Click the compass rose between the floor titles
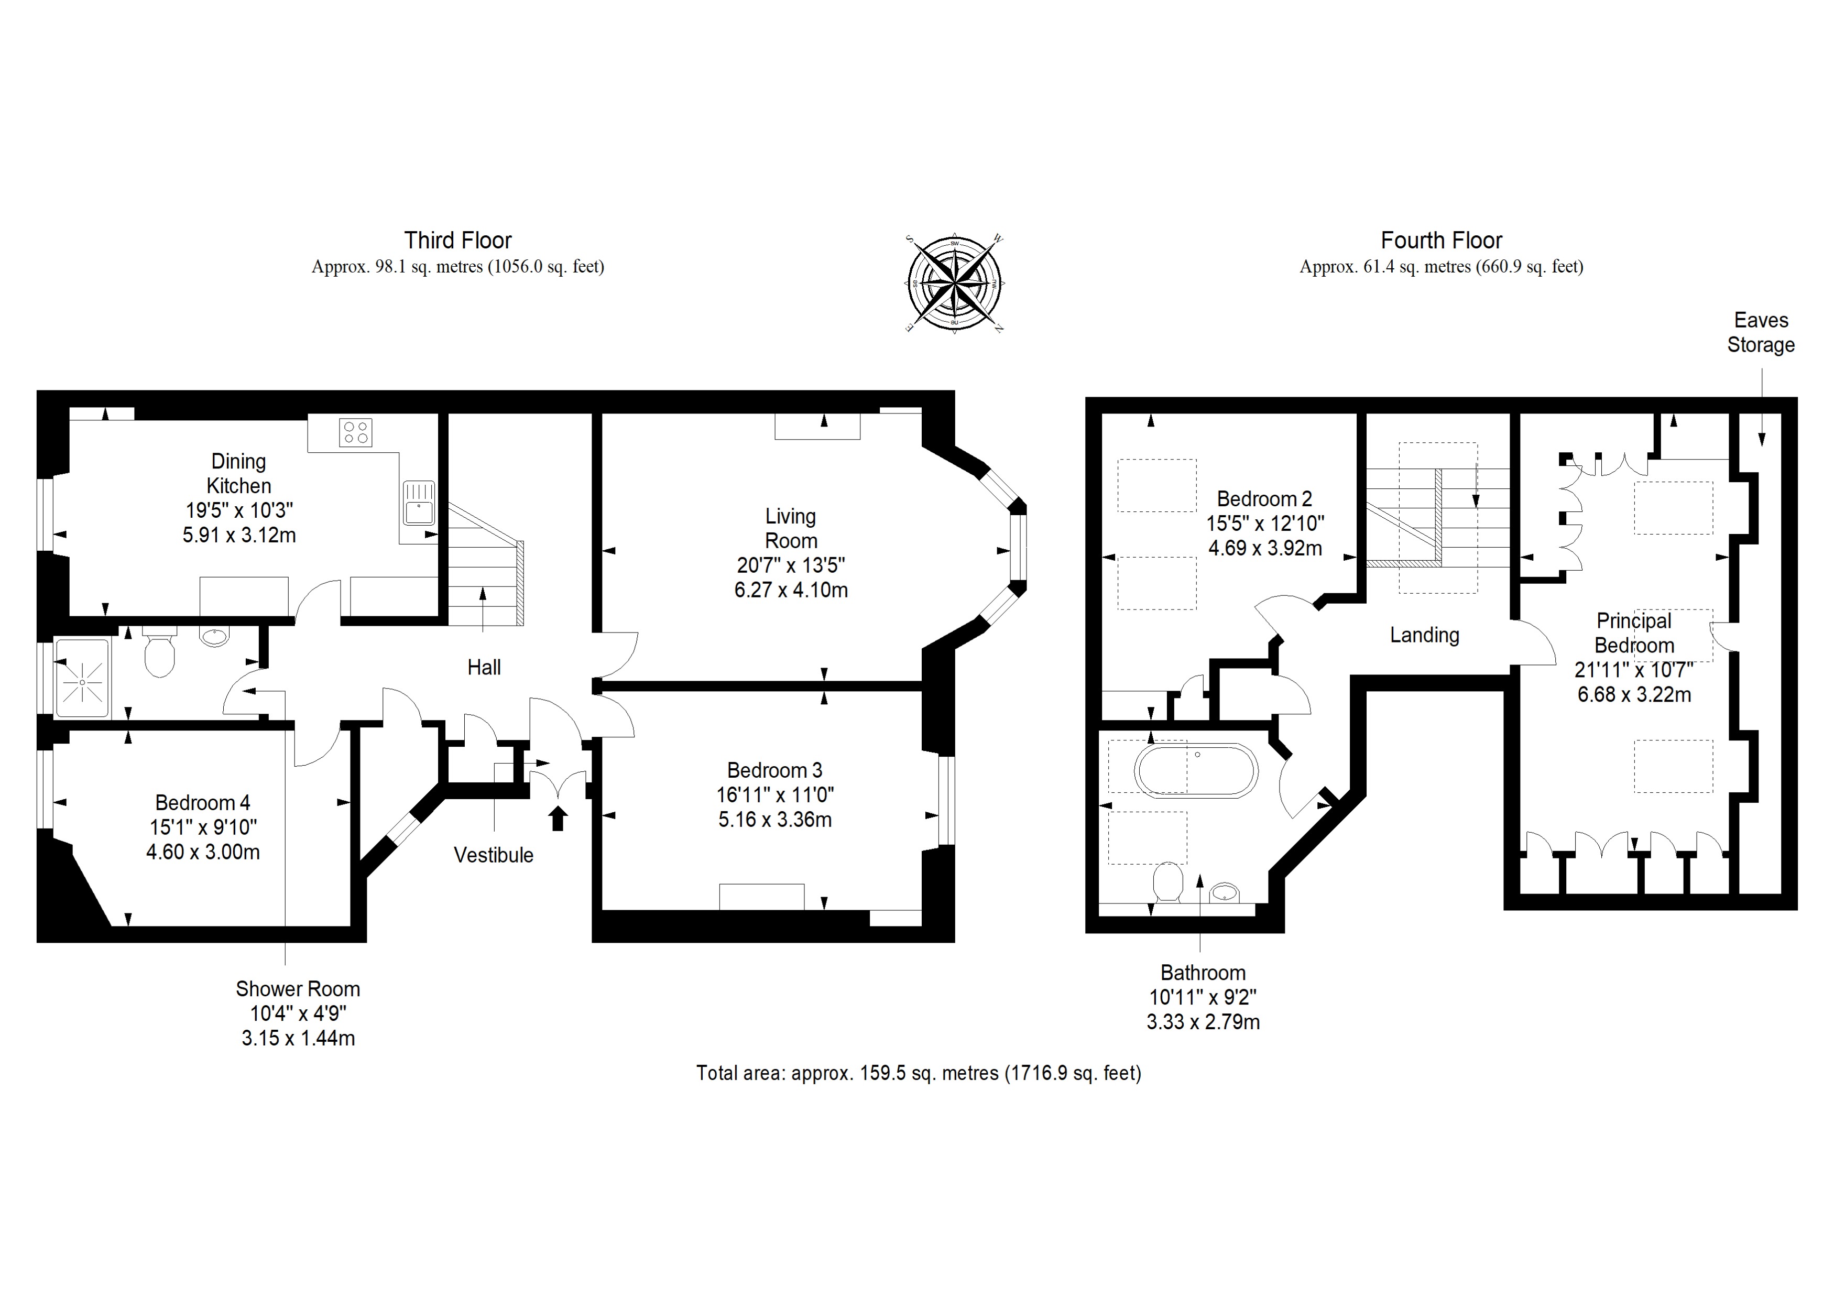(955, 284)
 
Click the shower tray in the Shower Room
(82, 679)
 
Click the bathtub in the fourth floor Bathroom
(1196, 771)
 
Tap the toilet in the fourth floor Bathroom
(1168, 882)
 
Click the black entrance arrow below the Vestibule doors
(558, 819)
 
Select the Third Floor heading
(457, 241)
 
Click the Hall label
(484, 668)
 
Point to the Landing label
(1424, 635)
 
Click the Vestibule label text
(493, 855)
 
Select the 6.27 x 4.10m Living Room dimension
(791, 590)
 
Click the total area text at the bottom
(919, 1073)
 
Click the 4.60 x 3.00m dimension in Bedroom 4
(203, 852)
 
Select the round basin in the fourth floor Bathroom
(1225, 892)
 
